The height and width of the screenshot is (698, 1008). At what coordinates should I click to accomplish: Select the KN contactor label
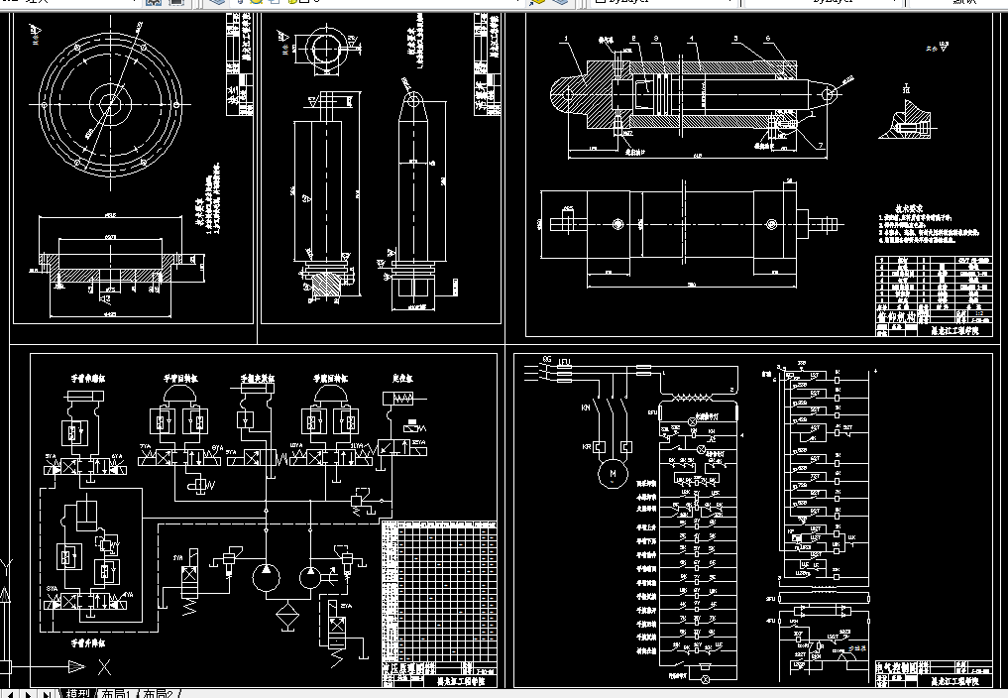587,407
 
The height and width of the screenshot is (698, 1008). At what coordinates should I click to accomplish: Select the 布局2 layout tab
159,693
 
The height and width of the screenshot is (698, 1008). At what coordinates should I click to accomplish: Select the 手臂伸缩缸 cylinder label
84,378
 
